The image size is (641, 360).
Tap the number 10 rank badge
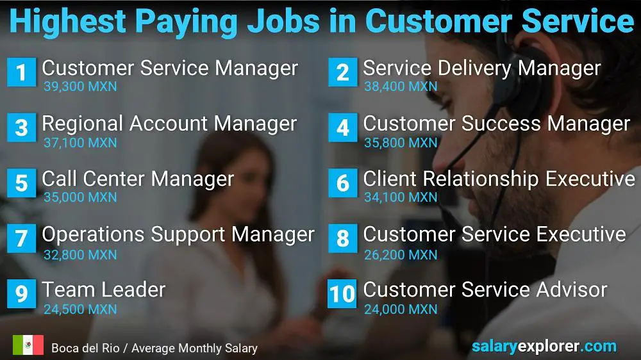[342, 293]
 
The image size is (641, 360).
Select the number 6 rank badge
[342, 183]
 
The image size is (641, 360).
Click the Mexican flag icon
[28, 346]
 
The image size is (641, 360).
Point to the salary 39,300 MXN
[80, 86]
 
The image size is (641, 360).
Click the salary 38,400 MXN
[401, 86]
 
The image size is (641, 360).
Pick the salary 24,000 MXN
[401, 309]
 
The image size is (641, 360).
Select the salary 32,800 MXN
[80, 254]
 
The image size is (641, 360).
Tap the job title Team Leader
[103, 290]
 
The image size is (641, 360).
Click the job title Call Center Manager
[138, 179]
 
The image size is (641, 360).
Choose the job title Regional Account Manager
[169, 123]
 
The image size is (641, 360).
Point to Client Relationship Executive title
[499, 179]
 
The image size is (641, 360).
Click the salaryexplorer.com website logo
[544, 347]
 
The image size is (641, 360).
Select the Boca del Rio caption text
[154, 348]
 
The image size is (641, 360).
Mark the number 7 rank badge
[21, 238]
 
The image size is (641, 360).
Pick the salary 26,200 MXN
[401, 254]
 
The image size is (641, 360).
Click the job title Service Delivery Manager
[481, 68]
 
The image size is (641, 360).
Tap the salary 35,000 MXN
[80, 197]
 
